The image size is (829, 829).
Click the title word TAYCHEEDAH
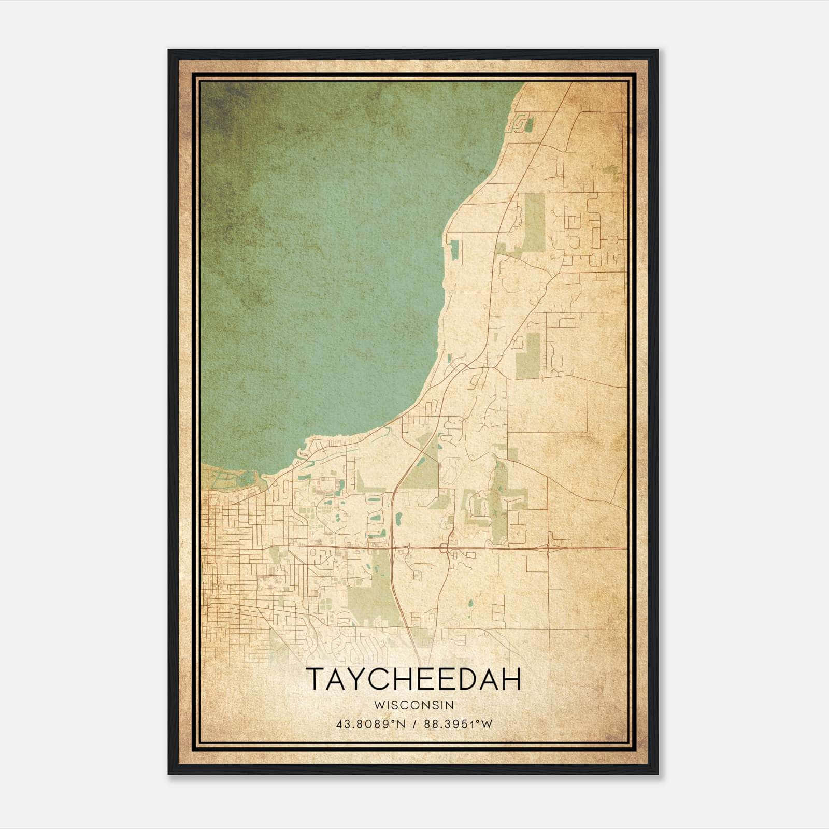[x=413, y=679]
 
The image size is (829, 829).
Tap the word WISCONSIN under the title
[x=413, y=705]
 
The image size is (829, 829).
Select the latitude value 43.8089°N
[x=369, y=724]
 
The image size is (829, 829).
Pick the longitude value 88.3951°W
[x=458, y=724]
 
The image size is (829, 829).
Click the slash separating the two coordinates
[x=414, y=724]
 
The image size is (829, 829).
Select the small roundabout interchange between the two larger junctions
[x=445, y=547]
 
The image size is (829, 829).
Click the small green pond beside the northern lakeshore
[x=454, y=250]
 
